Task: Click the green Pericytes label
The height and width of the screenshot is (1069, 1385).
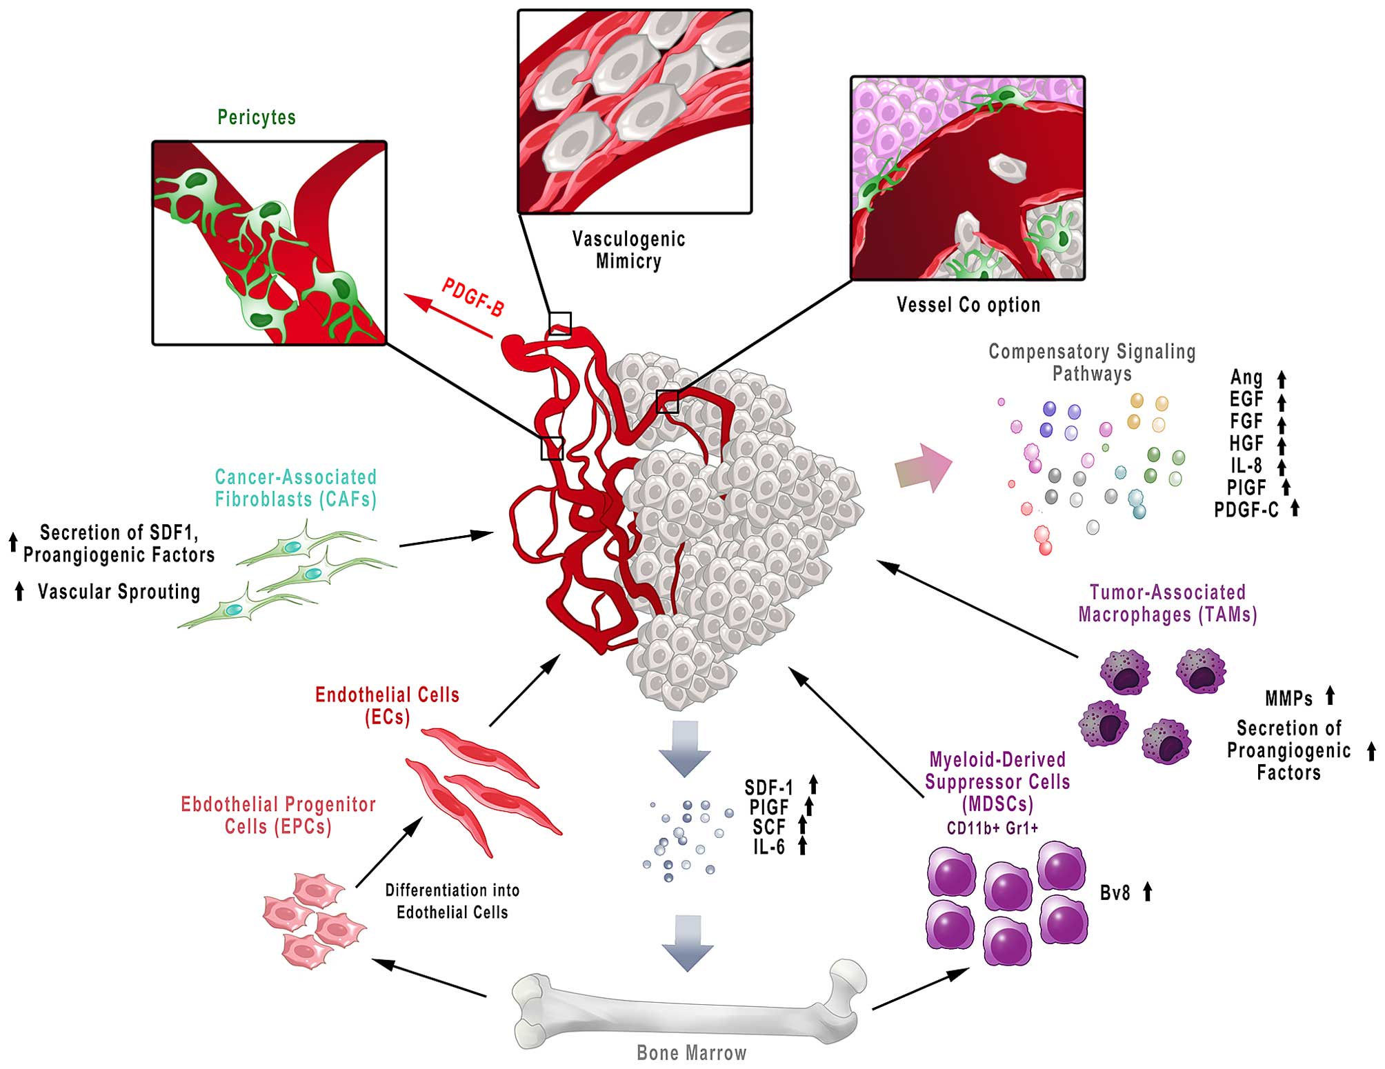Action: (x=257, y=117)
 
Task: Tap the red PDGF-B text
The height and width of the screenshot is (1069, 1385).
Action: (x=473, y=297)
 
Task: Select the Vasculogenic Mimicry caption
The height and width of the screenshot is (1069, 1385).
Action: (x=628, y=250)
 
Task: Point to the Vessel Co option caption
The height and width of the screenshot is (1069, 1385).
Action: (x=968, y=305)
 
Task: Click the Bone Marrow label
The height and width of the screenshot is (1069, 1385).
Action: (x=691, y=1053)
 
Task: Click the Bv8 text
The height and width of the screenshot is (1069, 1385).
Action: (x=1115, y=893)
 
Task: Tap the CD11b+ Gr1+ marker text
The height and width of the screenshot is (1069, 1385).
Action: (x=993, y=828)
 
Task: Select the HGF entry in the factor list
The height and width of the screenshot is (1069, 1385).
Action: (x=1246, y=443)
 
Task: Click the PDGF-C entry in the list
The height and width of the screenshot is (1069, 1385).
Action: (x=1246, y=510)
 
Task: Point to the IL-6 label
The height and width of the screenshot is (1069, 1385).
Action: (x=769, y=847)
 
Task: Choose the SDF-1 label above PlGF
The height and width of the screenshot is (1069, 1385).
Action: (x=769, y=787)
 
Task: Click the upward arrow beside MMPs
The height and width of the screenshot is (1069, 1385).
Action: (x=1330, y=695)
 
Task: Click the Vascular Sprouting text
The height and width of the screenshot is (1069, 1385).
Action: (x=119, y=592)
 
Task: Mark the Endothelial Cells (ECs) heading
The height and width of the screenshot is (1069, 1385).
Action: (x=387, y=706)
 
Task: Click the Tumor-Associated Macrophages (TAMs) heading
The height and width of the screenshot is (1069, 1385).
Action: (x=1167, y=603)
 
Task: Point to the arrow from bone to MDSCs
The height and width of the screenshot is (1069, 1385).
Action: (x=920, y=989)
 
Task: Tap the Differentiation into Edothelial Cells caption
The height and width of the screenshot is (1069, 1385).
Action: (x=452, y=901)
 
